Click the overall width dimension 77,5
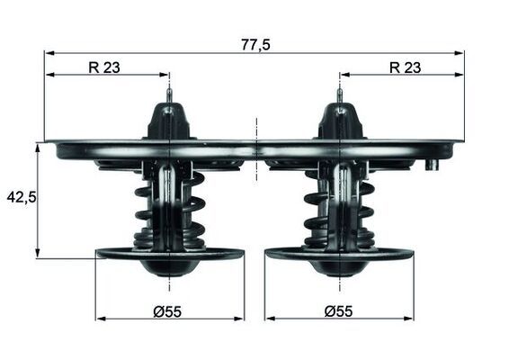[x=256, y=43]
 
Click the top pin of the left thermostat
[x=170, y=94]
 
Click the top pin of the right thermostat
[x=339, y=94]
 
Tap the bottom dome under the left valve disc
[x=169, y=267]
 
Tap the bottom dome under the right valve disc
[x=339, y=267]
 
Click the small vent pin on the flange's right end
[x=433, y=165]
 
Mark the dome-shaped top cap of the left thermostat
[x=170, y=121]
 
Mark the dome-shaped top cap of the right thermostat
[x=339, y=121]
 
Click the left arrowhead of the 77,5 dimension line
[x=49, y=53]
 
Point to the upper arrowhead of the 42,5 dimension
[x=38, y=147]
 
